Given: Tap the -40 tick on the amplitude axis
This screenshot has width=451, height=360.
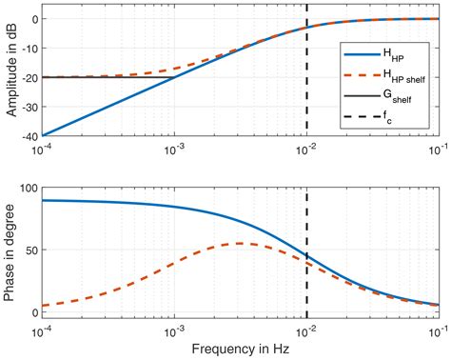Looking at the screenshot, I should pos(28,135).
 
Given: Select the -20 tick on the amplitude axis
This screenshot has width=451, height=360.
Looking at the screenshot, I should pos(28,77).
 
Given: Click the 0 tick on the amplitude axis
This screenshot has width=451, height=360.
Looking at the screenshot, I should pos(33,19).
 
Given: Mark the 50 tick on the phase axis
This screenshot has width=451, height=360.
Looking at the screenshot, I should pos(29,250).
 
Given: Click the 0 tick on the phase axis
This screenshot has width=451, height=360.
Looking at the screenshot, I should pos(33,312).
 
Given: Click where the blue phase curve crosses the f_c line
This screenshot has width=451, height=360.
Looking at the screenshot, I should pos(306,256).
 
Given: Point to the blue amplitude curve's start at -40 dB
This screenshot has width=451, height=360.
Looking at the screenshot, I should pos(43,135).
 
